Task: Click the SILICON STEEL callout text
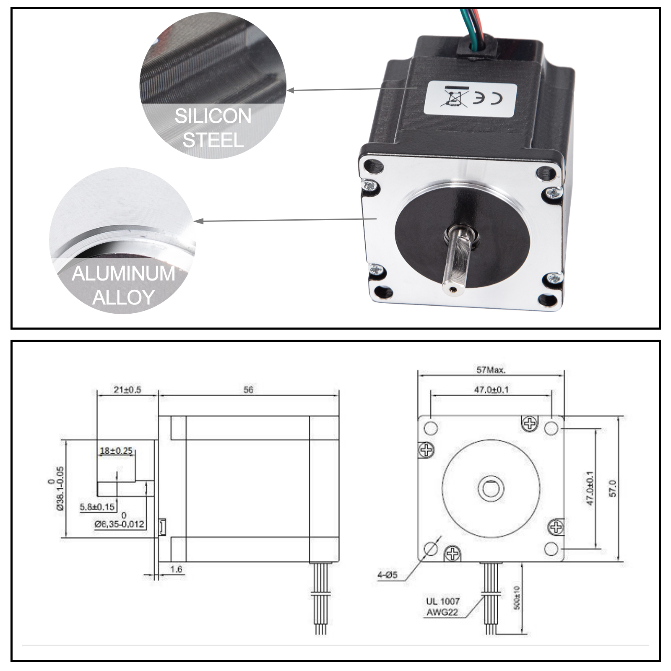click(x=213, y=128)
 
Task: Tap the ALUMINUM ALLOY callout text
click(x=123, y=285)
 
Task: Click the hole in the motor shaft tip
click(x=453, y=289)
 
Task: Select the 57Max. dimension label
click(x=491, y=370)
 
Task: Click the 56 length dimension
click(x=248, y=390)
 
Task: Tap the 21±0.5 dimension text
click(x=127, y=390)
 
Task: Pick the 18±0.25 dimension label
click(x=116, y=451)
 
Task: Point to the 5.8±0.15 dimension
click(x=97, y=507)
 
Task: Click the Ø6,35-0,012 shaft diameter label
click(x=120, y=524)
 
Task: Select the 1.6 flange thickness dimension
click(x=177, y=569)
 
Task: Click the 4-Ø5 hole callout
click(x=387, y=575)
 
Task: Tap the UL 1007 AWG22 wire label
click(x=443, y=607)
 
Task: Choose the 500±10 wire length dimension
click(x=517, y=598)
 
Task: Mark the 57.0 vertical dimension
click(x=613, y=489)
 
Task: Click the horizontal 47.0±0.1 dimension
click(x=491, y=390)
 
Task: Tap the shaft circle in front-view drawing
click(x=491, y=488)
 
